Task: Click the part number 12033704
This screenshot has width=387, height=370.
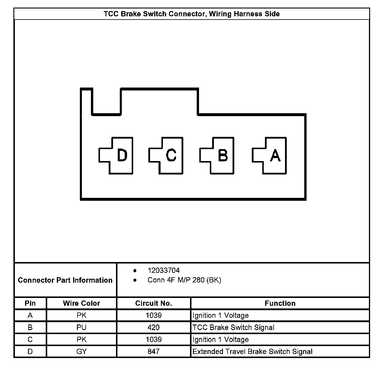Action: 163,270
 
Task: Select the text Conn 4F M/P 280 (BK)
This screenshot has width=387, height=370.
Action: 184,280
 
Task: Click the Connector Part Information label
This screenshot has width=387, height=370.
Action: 65,280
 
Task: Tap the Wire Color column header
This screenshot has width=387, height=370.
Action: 81,303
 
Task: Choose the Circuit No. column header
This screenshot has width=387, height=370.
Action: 154,303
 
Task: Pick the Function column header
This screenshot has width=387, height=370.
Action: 280,303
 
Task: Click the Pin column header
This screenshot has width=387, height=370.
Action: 30,303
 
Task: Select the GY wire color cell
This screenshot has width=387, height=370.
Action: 81,351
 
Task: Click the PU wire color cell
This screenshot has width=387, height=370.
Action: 81,327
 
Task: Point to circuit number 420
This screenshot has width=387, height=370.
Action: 154,327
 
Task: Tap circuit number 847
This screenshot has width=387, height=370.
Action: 154,351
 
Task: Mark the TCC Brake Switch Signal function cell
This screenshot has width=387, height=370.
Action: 233,327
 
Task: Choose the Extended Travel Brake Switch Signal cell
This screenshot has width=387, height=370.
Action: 252,351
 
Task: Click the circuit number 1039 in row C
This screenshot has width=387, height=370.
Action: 154,339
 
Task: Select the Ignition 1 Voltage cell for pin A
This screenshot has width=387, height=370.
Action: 221,315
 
